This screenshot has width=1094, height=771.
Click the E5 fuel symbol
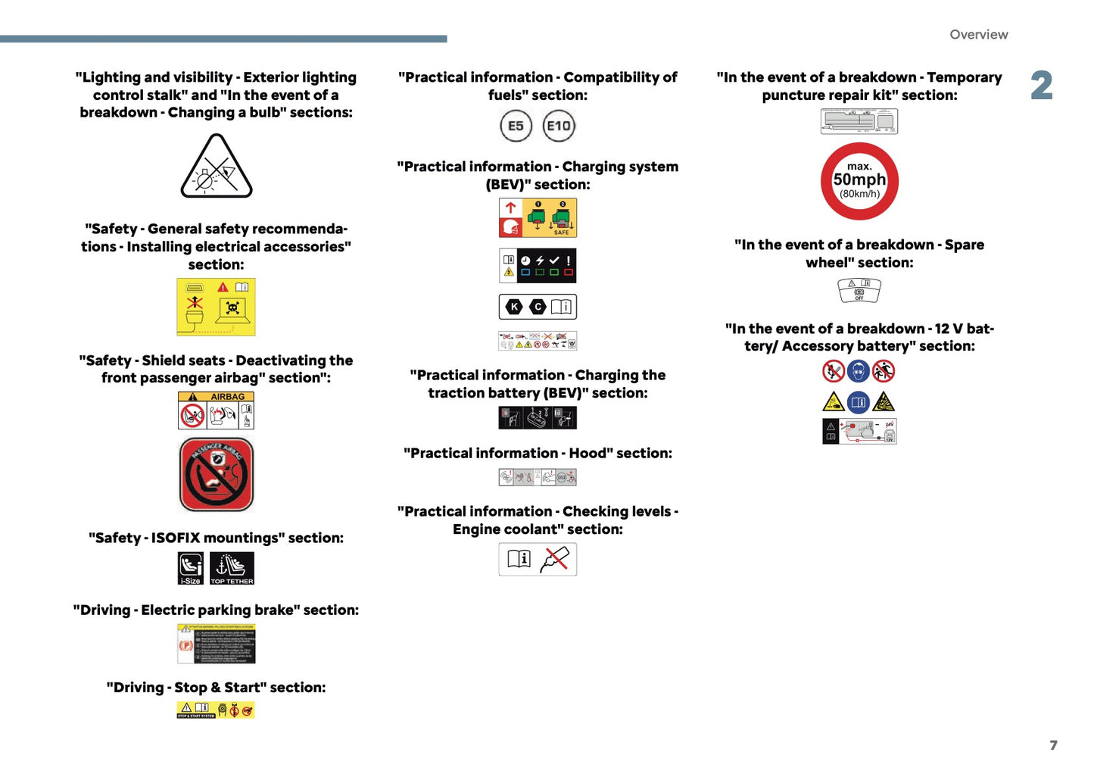[516, 126]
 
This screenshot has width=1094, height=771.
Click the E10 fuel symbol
[559, 126]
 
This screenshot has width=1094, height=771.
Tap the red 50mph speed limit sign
[859, 181]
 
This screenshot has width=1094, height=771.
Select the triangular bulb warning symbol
[217, 167]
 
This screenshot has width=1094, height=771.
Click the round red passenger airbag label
[217, 475]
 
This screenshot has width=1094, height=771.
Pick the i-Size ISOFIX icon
[191, 568]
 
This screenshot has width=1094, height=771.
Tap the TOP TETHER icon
[232, 568]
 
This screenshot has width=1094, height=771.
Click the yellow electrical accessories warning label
[216, 307]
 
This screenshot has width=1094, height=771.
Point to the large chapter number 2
[1042, 86]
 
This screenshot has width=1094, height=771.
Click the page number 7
[1053, 745]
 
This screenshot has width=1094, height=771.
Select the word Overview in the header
[978, 35]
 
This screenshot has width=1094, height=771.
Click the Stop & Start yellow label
[216, 710]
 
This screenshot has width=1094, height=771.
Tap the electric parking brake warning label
[216, 644]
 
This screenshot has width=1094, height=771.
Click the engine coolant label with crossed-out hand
[538, 559]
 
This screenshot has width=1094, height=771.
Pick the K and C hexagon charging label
[538, 307]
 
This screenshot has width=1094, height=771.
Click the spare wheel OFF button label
[859, 290]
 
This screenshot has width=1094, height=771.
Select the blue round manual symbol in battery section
[858, 401]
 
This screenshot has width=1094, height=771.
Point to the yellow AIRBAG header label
[216, 396]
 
